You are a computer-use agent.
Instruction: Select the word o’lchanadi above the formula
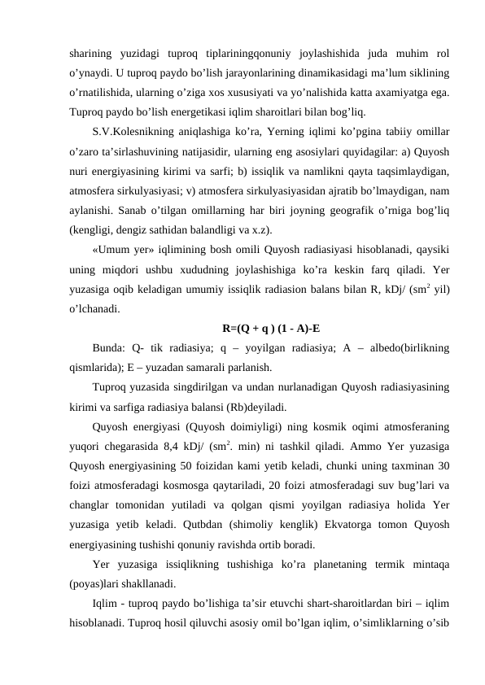96,308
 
